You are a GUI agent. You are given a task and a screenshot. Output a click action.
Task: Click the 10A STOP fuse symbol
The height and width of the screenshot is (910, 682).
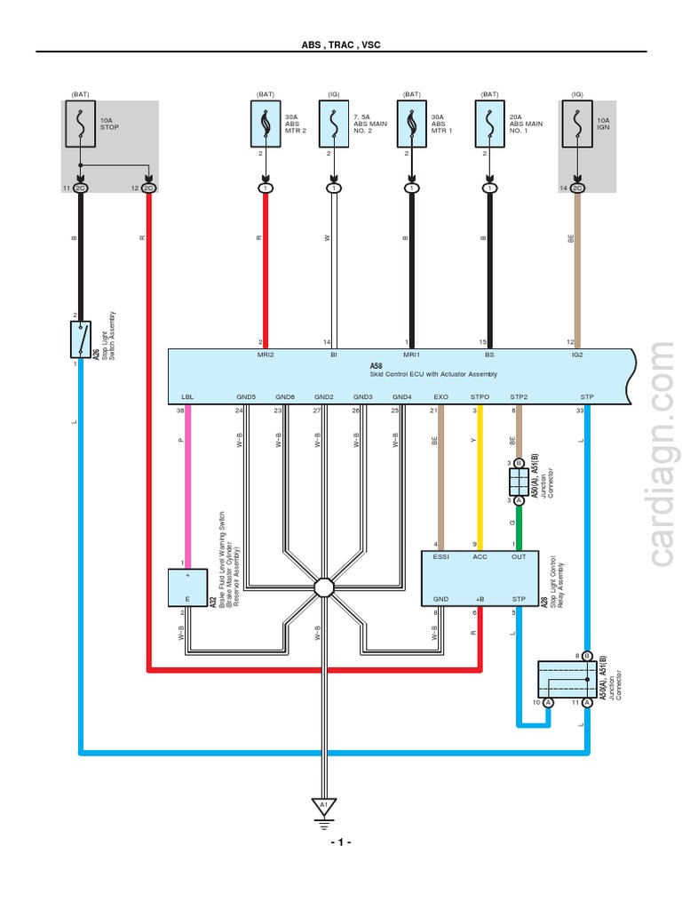81,125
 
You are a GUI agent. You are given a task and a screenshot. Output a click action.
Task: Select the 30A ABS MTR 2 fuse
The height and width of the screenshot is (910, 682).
265,125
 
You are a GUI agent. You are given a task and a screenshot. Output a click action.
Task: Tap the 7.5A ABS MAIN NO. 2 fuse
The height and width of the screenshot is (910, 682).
334,125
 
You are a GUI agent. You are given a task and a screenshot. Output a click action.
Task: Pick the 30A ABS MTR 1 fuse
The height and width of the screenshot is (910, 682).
412,125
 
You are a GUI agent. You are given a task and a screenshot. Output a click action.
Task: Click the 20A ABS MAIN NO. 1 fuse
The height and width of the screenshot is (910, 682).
490,125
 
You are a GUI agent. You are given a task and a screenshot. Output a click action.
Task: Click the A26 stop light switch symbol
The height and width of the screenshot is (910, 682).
80,339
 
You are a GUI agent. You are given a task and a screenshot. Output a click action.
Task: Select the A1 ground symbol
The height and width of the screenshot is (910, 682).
324,807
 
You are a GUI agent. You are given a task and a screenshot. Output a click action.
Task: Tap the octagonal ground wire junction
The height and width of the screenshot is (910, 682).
324,587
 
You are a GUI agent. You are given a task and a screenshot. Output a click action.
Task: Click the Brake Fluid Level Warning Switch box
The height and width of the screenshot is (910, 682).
188,587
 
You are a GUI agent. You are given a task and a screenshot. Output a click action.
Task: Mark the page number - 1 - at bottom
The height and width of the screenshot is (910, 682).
341,842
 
